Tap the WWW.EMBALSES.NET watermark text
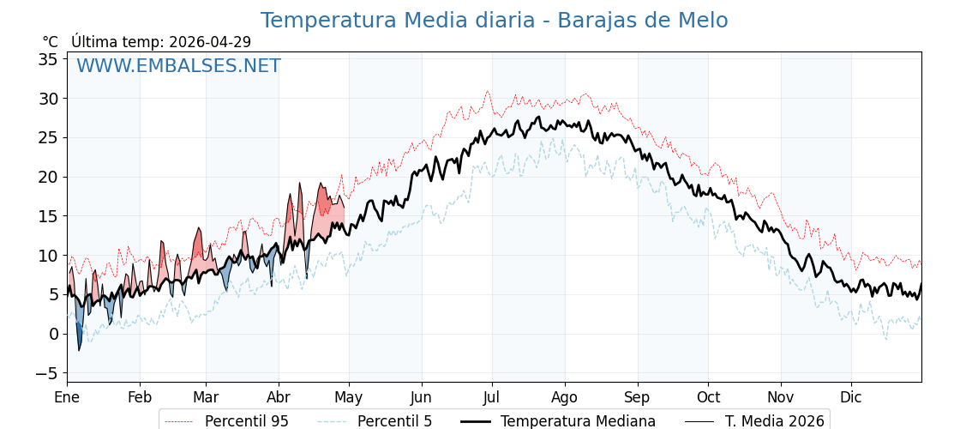pyautogui.click(x=178, y=66)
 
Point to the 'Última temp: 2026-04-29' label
pyautogui.click(x=161, y=42)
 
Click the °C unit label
pyautogui.click(x=51, y=42)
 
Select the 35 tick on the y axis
pyautogui.click(x=48, y=59)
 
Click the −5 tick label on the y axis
pyautogui.click(x=46, y=373)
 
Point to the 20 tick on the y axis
pyautogui.click(x=48, y=177)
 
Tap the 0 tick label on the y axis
pyautogui.click(x=53, y=334)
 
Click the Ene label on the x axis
pyautogui.click(x=67, y=398)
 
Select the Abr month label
pyautogui.click(x=279, y=398)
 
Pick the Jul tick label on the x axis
pyautogui.click(x=492, y=398)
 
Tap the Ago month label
pyautogui.click(x=565, y=398)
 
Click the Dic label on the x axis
pyautogui.click(x=851, y=398)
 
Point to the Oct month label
pyautogui.click(x=708, y=398)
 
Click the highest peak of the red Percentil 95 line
pyautogui.click(x=488, y=91)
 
